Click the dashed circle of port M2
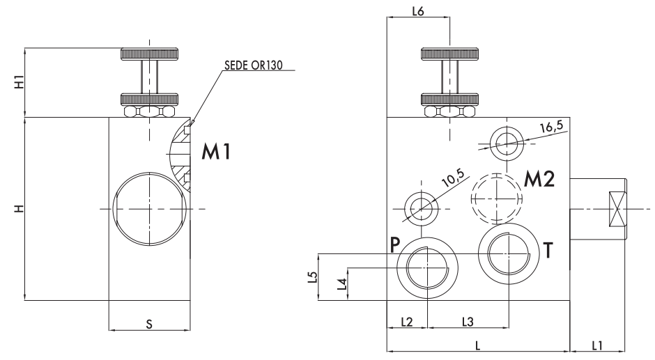click(x=495, y=196)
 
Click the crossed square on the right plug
click(x=617, y=208)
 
